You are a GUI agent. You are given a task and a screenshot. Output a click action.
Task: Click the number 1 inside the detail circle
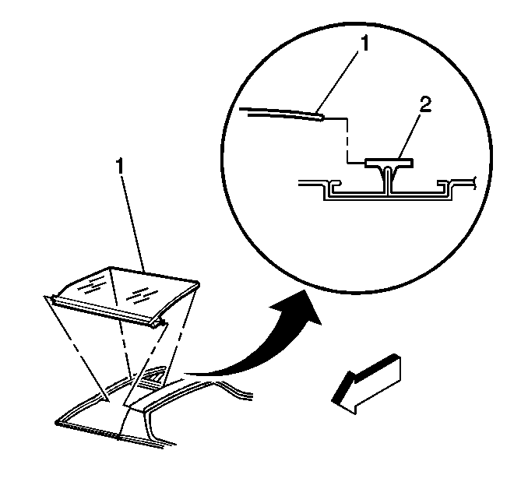364,44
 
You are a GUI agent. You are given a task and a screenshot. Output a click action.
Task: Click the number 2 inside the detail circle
425,104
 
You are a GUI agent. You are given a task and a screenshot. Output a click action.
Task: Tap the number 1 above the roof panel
120,166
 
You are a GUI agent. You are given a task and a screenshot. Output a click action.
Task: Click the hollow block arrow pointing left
367,384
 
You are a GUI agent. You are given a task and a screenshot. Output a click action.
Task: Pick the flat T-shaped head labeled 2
389,164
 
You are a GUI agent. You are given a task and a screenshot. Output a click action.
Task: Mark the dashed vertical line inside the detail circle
347,141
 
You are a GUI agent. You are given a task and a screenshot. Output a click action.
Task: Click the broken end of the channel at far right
474,182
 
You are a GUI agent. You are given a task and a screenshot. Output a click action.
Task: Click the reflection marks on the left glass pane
90,284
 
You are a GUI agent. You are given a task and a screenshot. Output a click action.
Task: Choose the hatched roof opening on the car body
153,375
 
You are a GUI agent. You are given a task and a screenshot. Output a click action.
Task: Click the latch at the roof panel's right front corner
159,324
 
